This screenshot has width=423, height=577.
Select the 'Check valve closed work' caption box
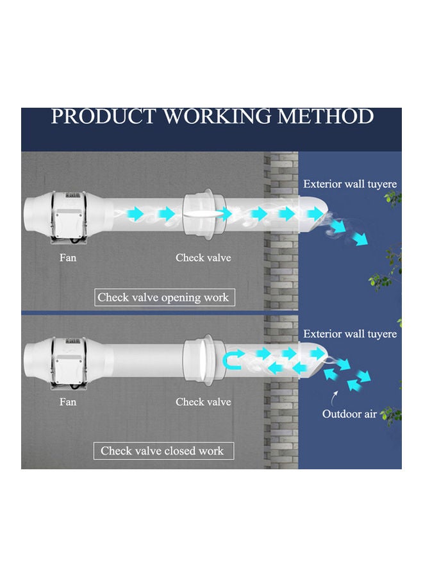162,451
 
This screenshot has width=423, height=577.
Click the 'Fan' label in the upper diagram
67,258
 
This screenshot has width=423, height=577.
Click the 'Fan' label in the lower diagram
67,402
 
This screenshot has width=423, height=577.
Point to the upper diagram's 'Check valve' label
203,258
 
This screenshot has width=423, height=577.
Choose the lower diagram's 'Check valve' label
203,402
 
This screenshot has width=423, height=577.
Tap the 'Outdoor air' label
349,414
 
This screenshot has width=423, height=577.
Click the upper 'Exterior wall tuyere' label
350,184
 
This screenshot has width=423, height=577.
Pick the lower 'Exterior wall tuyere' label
350,334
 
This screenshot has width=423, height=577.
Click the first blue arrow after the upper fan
135,213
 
